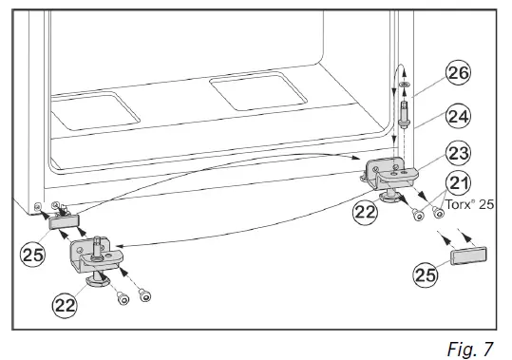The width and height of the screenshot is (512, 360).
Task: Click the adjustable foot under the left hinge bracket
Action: (x=96, y=280)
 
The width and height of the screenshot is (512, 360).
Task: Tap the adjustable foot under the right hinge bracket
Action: (x=391, y=197)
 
